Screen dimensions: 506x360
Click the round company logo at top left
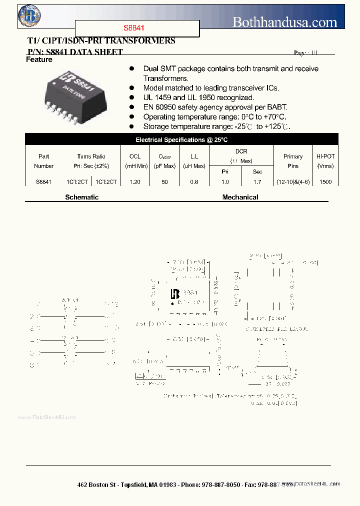[x=29, y=15]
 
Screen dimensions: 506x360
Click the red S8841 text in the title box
[x=134, y=28]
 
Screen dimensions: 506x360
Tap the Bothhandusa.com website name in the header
[x=285, y=21]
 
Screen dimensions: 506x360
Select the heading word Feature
[x=39, y=59]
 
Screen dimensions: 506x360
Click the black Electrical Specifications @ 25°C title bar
[x=181, y=140]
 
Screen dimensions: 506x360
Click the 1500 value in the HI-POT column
[x=325, y=182]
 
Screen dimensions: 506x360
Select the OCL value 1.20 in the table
[x=134, y=182]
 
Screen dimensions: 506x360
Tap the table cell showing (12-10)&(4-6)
[x=293, y=182]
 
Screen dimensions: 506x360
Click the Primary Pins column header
[x=293, y=161]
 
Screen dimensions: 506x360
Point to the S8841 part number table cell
[x=43, y=182]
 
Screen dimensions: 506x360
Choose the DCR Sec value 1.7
[x=257, y=182]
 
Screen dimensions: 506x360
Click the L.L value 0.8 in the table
[x=194, y=182]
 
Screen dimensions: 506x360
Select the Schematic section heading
[x=81, y=197]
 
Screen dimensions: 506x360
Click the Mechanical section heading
[x=240, y=197]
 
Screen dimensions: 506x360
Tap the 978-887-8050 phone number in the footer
[x=220, y=485]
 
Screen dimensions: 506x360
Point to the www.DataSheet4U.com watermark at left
[x=46, y=417]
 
